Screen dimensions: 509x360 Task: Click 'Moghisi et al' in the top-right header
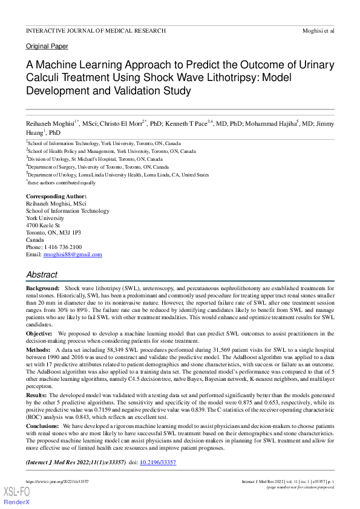[318, 30]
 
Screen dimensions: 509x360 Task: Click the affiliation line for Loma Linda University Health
[118, 174]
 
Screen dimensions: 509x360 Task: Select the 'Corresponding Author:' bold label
[56, 196]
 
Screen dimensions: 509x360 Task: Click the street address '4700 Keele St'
[42, 225]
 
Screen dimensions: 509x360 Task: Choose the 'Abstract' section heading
[42, 274]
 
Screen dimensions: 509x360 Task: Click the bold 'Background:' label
[42, 290]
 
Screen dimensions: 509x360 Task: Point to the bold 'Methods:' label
[38, 349]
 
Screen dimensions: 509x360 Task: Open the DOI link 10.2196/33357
[159, 462]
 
